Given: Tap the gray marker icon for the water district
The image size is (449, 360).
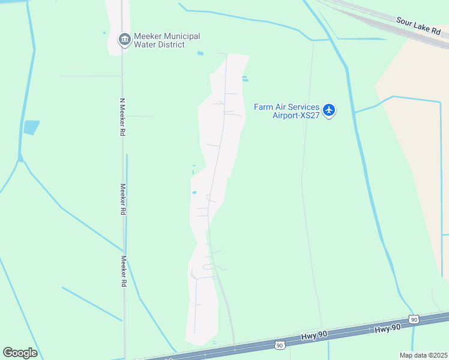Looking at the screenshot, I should point(124,40).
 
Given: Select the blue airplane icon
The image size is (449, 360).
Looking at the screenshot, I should point(328,110).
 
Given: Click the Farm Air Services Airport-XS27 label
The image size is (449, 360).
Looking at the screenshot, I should point(286,111).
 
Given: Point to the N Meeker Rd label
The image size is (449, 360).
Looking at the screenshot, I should point(122,117).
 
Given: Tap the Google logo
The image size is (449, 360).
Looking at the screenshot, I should point(20,353).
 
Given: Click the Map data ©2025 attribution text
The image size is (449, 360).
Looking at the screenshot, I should point(424,355).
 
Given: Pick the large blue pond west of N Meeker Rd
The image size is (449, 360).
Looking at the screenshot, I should point(31,127).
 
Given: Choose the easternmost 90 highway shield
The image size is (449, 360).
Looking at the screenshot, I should point(414,319).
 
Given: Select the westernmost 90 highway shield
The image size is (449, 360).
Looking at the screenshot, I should point(280,345).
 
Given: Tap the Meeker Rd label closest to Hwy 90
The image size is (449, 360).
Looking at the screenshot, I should point(124,271).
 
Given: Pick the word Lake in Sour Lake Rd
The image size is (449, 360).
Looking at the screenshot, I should point(421,26).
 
